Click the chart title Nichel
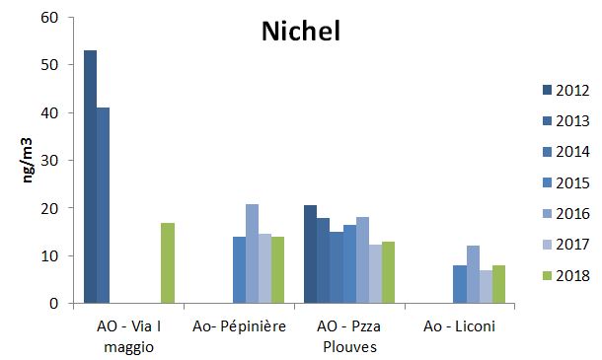coord(300,32)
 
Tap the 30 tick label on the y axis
coord(51,161)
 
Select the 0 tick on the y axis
coord(55,304)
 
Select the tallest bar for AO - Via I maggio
coord(90,178)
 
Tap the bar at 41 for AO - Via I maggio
coord(103,206)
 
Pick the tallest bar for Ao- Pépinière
coord(253,253)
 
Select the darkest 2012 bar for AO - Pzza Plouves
coord(310,254)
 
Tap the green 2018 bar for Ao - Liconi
coord(498,284)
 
